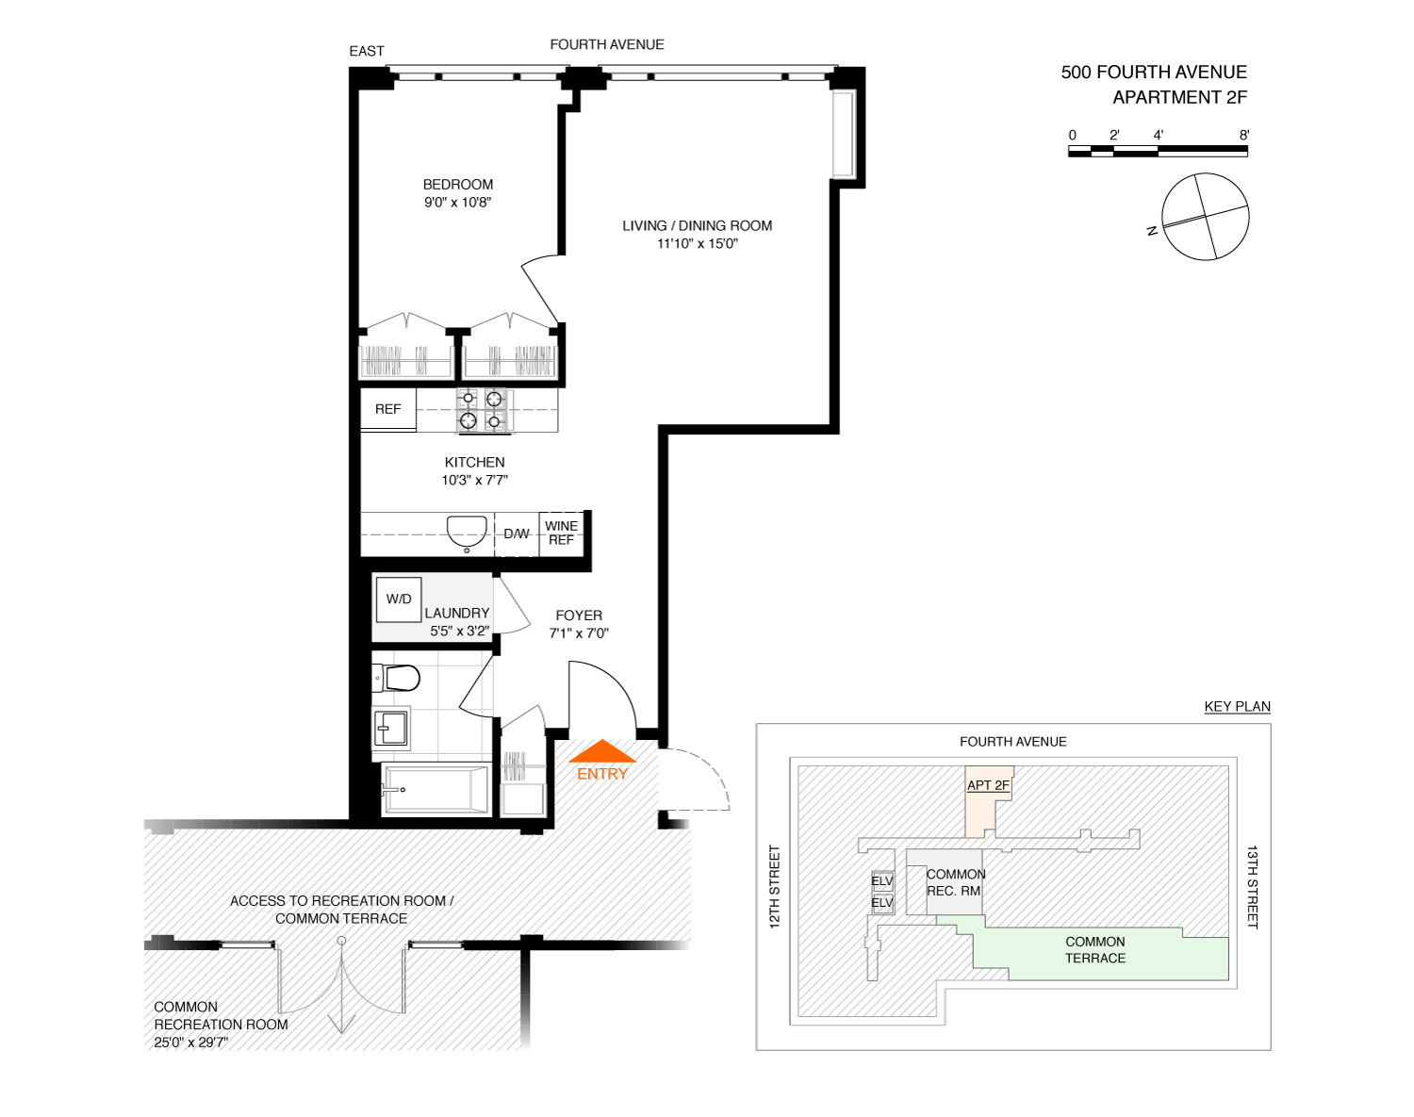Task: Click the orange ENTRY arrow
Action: point(601,751)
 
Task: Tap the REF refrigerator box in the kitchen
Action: point(388,409)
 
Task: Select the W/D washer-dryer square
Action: point(399,600)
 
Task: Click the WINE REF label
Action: point(561,533)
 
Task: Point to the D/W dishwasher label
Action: point(517,534)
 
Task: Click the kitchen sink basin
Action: point(467,531)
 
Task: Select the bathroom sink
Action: point(391,729)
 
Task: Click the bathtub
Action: point(436,789)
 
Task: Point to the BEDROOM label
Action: point(458,185)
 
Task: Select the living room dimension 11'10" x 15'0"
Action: point(698,244)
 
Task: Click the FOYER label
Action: point(579,616)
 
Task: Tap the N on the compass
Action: point(1152,231)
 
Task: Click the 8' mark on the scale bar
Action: point(1243,136)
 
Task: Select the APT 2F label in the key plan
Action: point(988,785)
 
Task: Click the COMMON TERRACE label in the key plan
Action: point(1095,950)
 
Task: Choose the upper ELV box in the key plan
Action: point(881,881)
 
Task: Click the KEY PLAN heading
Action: point(1237,706)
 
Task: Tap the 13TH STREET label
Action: point(1253,886)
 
